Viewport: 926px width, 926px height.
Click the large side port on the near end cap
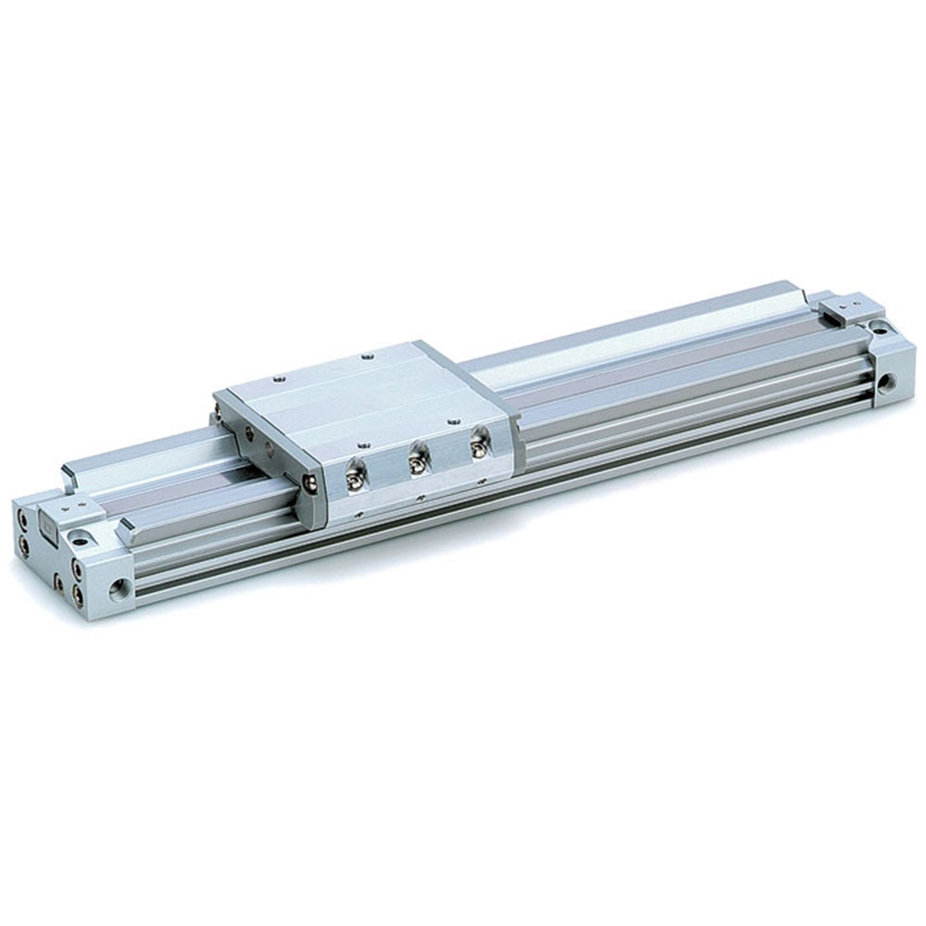[119, 586]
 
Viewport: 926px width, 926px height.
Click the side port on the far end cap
[889, 380]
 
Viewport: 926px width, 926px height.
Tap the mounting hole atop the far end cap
[874, 326]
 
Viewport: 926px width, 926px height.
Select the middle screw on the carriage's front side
[416, 459]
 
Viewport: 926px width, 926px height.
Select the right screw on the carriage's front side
[478, 445]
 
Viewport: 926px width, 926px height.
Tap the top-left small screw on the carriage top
[278, 378]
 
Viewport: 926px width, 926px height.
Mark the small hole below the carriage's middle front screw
[419, 496]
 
